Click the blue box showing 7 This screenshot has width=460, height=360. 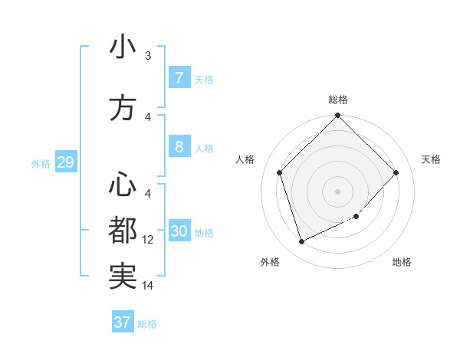click(x=179, y=78)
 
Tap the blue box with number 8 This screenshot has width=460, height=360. click(x=179, y=147)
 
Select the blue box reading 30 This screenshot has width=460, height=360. click(x=179, y=232)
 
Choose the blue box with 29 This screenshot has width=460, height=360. click(x=65, y=162)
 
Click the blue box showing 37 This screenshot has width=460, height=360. click(x=123, y=322)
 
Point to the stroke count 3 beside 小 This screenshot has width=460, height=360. click(x=148, y=56)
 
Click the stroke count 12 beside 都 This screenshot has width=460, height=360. click(x=148, y=240)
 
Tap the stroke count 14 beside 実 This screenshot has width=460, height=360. click(x=148, y=286)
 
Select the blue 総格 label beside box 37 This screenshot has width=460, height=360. click(x=147, y=324)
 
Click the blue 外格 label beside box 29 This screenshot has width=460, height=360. click(x=41, y=163)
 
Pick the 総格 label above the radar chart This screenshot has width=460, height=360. click(x=337, y=100)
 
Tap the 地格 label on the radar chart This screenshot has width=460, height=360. click(x=402, y=262)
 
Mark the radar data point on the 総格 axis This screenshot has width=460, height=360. click(x=337, y=116)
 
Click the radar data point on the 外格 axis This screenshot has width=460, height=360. click(x=301, y=242)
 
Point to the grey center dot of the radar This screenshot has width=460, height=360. click(x=337, y=191)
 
